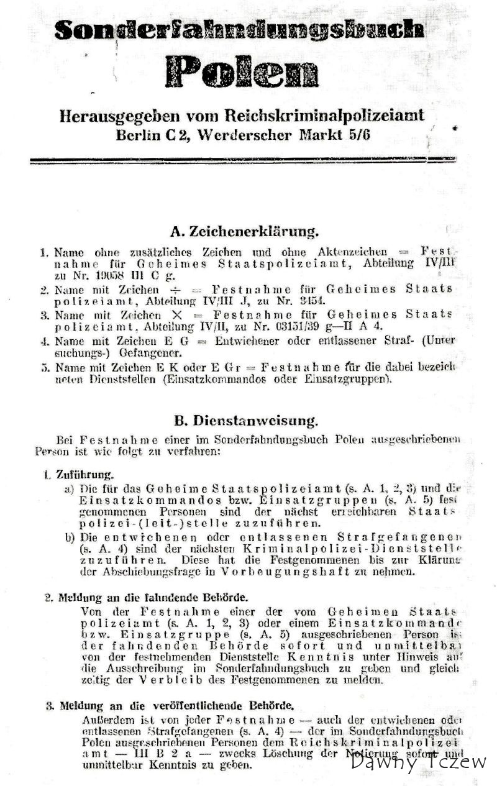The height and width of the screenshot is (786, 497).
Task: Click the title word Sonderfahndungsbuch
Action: [239, 29]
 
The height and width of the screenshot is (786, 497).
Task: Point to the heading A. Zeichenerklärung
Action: [244, 232]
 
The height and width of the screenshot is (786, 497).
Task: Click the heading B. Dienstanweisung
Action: [246, 421]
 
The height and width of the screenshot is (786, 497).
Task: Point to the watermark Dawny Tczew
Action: [418, 762]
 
